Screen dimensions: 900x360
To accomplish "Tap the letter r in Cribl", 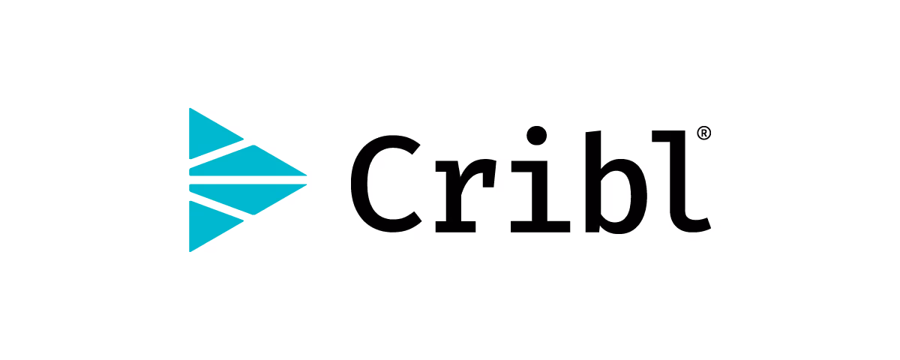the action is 459,187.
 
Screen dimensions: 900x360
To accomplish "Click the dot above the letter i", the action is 536,136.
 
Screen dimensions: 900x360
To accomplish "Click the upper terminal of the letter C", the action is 412,157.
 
